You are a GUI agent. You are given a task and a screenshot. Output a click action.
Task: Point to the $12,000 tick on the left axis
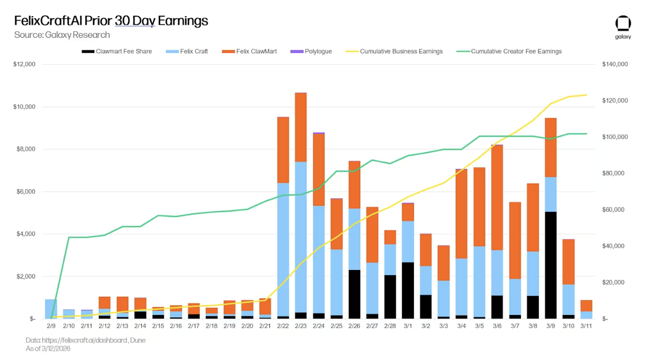pos(24,65)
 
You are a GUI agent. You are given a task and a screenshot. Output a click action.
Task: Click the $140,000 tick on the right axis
pos(615,65)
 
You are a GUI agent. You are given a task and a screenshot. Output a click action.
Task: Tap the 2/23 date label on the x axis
pos(301,327)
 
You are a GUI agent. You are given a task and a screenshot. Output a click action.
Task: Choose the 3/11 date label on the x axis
pos(586,327)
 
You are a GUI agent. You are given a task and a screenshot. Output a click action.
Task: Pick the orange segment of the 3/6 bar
pos(497,197)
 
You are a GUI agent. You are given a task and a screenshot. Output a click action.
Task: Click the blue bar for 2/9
pos(51,309)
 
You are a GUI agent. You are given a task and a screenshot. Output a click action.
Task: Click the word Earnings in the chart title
pos(183,21)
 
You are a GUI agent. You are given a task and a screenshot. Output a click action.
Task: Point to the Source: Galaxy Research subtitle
pos(62,35)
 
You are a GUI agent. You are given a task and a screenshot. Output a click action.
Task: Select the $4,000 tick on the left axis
pos(24,234)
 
